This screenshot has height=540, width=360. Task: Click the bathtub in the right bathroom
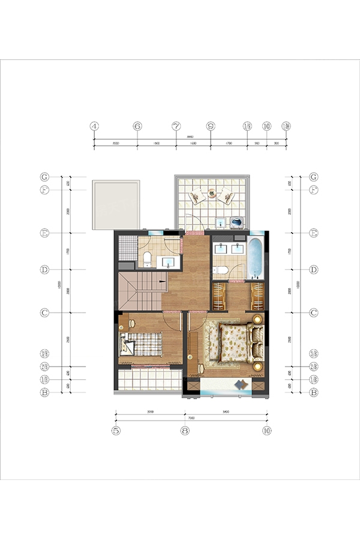tap(255, 260)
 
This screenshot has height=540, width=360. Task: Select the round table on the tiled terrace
tap(211, 194)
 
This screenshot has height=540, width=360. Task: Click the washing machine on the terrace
tap(236, 223)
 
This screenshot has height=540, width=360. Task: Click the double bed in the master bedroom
tap(235, 343)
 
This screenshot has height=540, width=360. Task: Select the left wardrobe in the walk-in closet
tap(220, 296)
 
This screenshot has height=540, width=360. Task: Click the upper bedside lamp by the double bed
tap(258, 319)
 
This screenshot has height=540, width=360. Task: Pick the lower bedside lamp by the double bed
tap(258, 365)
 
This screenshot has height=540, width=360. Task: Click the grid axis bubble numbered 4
tap(94, 127)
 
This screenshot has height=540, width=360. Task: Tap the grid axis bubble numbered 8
tap(185, 430)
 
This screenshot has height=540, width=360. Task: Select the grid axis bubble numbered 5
tap(115, 430)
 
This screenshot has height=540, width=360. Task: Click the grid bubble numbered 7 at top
tap(176, 127)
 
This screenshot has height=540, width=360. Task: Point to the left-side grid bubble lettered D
tap(44, 270)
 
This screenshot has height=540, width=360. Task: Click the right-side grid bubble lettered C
tap(313, 313)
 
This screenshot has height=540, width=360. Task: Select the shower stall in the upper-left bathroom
tap(127, 247)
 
